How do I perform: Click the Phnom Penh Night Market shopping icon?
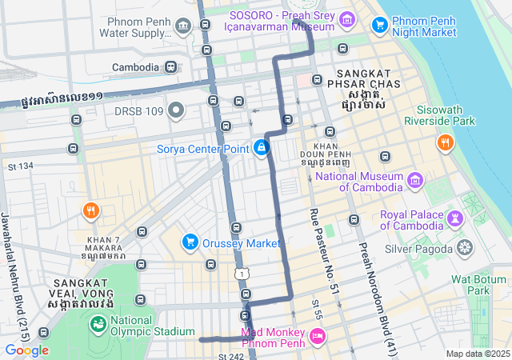[x=380, y=26]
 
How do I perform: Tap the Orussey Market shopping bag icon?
[x=190, y=242]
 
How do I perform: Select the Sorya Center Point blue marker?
[x=261, y=147]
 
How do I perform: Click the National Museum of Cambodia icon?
[x=414, y=182]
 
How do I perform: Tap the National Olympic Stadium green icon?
[x=98, y=324]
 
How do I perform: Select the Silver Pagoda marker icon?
[x=464, y=249]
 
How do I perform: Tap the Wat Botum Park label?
[x=480, y=285]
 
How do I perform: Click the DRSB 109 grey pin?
[x=176, y=110]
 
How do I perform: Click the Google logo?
[x=26, y=350]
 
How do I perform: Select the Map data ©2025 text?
[x=478, y=354]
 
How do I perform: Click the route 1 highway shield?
[x=242, y=274]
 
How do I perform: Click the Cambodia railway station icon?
[x=170, y=67]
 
